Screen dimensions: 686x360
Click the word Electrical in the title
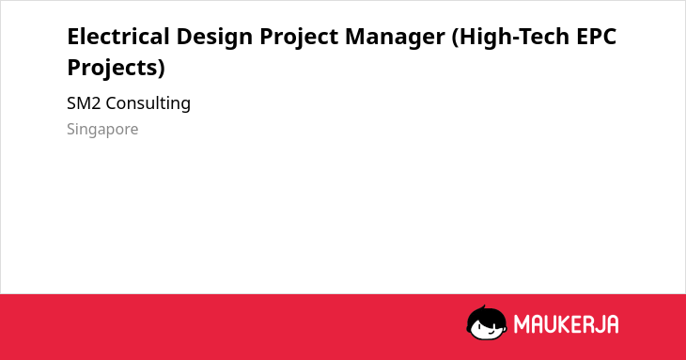point(118,37)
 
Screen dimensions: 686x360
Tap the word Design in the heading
point(215,39)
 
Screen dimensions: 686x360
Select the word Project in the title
point(299,39)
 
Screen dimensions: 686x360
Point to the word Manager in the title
point(395,39)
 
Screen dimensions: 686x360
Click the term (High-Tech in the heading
point(510,39)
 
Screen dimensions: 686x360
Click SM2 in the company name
point(84,103)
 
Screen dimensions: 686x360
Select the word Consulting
point(148,104)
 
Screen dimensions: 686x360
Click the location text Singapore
point(102,130)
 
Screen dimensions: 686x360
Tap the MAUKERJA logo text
point(566,324)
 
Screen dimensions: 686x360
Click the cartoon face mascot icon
point(487,322)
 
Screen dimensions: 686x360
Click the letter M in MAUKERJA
point(522,324)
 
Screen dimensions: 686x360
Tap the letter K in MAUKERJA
point(563,324)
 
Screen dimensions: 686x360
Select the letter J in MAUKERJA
point(600,324)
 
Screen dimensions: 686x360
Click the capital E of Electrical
point(73,37)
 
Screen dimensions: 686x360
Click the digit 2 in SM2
point(96,103)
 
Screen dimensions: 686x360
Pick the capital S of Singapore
point(70,129)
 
